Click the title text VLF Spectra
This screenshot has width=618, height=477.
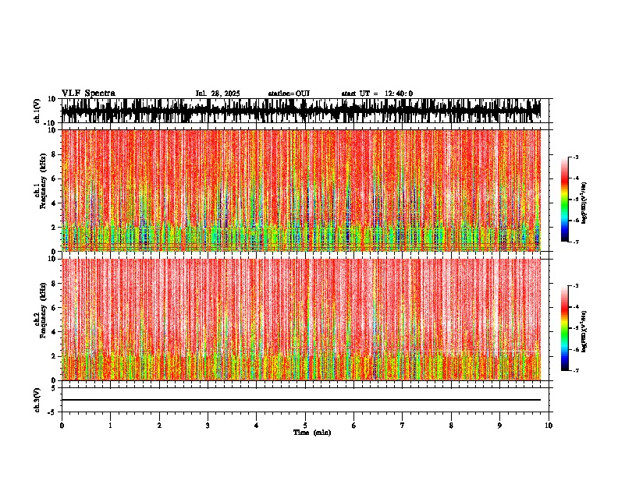88,94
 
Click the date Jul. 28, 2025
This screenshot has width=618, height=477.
218,94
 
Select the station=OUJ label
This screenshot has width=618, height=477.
289,94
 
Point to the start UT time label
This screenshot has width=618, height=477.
377,94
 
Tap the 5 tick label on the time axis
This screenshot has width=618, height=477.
305,426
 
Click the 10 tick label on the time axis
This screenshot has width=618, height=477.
549,426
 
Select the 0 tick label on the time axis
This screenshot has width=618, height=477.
62,426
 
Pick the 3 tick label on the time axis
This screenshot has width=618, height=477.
208,426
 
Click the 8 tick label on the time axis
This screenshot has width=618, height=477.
451,426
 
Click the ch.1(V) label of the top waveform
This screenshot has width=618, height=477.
37,111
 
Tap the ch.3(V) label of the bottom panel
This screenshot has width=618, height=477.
37,399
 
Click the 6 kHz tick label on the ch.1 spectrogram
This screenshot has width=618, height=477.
55,178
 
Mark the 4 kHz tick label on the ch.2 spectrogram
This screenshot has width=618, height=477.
55,332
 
